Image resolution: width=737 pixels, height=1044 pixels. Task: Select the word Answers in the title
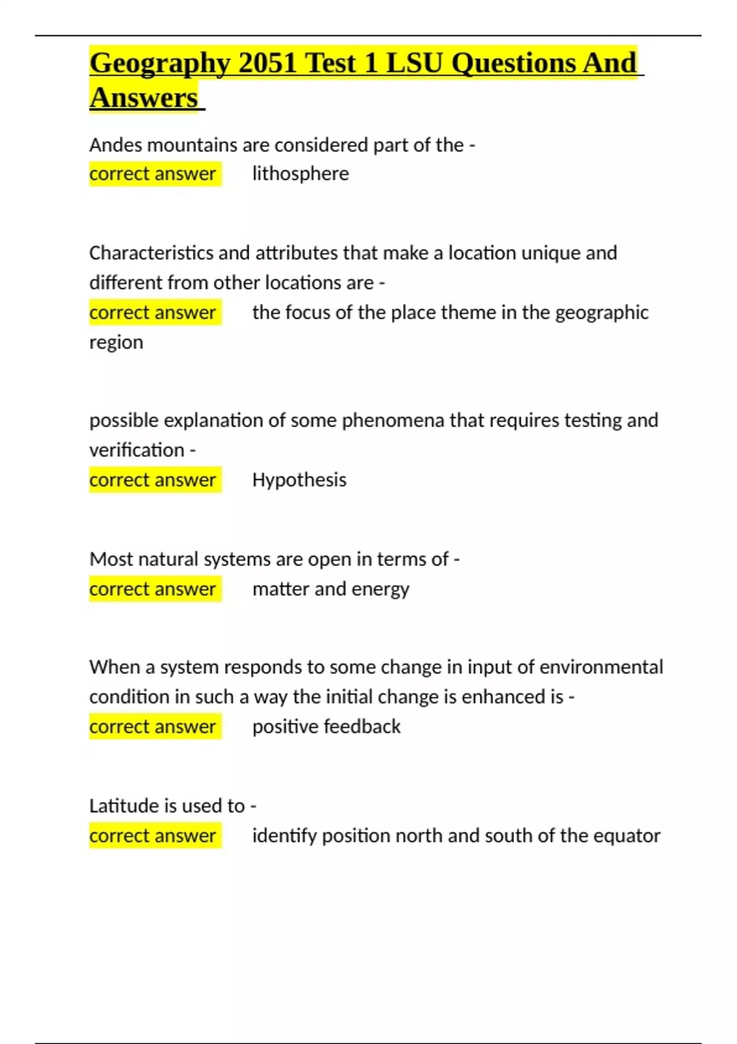pyautogui.click(x=144, y=98)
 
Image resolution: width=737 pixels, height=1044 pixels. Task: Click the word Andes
pyautogui.click(x=115, y=145)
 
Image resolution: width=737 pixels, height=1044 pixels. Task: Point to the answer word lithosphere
pyautogui.click(x=300, y=174)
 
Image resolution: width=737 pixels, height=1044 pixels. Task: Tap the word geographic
pyautogui.click(x=601, y=313)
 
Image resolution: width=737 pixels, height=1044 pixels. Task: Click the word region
pyautogui.click(x=116, y=342)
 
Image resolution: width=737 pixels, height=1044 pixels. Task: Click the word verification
pyautogui.click(x=136, y=450)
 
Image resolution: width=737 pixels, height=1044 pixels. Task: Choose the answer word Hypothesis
pyautogui.click(x=299, y=480)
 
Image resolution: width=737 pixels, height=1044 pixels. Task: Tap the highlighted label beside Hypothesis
pyautogui.click(x=153, y=480)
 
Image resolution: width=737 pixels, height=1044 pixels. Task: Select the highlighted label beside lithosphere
pyautogui.click(x=153, y=174)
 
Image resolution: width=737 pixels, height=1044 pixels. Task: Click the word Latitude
pyautogui.click(x=126, y=806)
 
